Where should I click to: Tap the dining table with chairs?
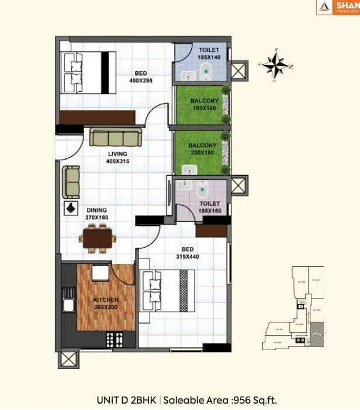(97, 238)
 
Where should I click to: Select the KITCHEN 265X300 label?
(106, 303)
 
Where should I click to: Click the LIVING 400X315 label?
(117, 157)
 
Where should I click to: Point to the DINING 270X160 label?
(97, 213)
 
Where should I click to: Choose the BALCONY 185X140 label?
(204, 105)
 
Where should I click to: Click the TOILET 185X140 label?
(209, 54)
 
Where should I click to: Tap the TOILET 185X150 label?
(209, 207)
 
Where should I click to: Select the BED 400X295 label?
(140, 77)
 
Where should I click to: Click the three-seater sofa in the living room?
(116, 138)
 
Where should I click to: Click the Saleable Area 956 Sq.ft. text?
(220, 400)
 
